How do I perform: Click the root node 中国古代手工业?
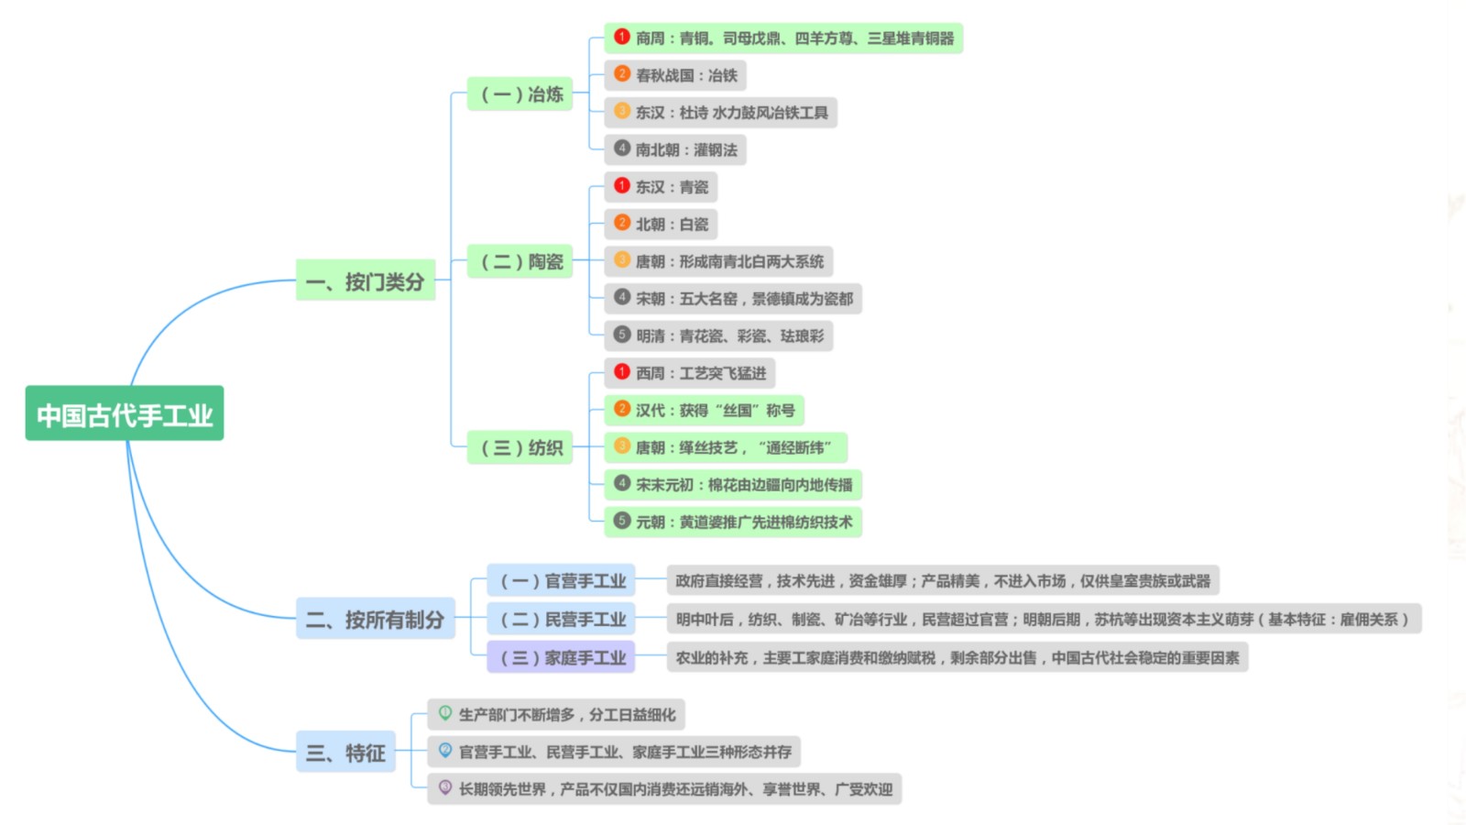125,413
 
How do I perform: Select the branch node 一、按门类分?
366,280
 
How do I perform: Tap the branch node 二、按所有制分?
375,618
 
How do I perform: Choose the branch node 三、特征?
345,752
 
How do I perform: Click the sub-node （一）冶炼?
520,93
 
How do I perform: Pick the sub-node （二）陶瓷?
520,261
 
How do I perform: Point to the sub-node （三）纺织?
520,447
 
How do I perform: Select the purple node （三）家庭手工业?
561,656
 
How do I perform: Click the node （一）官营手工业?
561,580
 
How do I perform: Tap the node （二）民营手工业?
561,619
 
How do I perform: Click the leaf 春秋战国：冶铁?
674,75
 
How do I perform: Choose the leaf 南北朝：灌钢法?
674,150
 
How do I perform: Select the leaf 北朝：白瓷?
661,225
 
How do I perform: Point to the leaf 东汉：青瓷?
661,187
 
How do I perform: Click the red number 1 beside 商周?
622,37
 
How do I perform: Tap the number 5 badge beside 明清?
622,335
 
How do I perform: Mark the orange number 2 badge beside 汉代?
622,409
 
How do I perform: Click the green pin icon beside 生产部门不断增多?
445,713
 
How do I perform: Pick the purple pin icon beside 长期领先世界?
445,787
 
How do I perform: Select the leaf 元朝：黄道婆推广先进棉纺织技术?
732,522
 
